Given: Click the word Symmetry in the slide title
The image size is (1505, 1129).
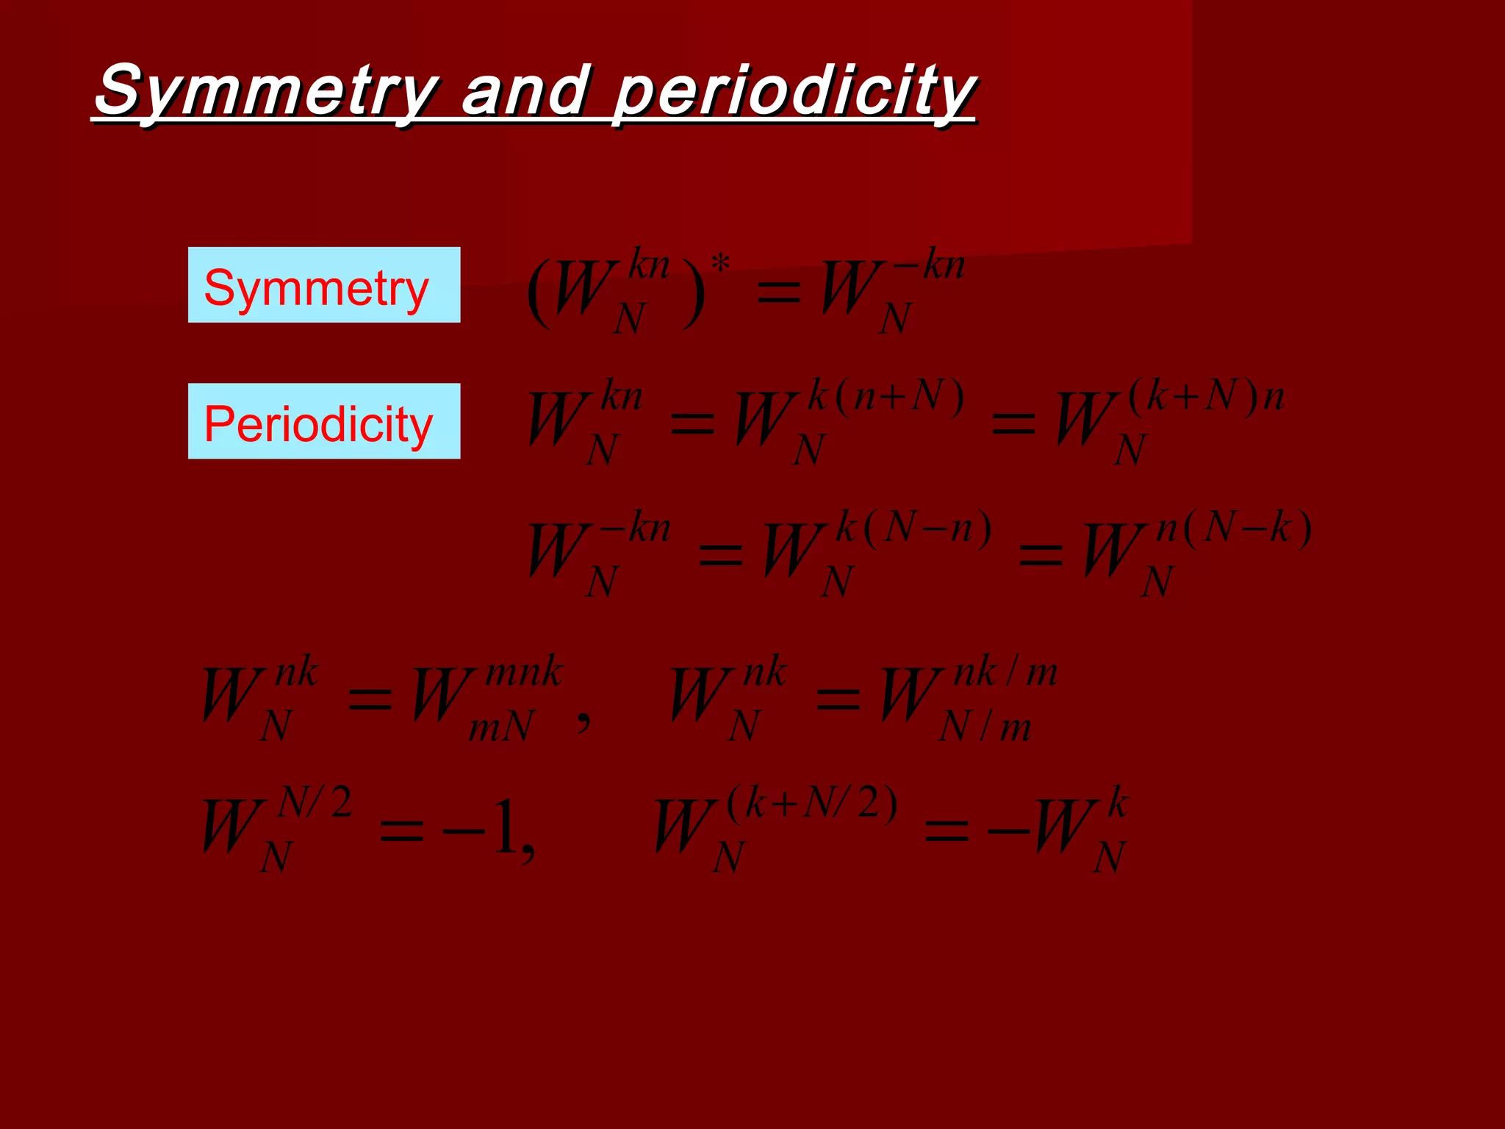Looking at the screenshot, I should click(x=266, y=91).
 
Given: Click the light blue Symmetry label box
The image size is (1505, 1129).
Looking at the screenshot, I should click(x=324, y=285).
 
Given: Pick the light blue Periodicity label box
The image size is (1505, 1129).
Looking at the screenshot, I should click(x=324, y=421).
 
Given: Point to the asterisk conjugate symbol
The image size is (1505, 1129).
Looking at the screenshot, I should click(x=721, y=263).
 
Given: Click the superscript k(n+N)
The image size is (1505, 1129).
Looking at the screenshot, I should click(x=886, y=398).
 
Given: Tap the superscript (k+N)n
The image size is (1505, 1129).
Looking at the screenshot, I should click(x=1206, y=398).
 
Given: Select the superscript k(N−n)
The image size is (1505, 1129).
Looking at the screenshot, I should click(x=914, y=528).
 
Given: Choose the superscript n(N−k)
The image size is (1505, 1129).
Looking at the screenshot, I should click(x=1234, y=528).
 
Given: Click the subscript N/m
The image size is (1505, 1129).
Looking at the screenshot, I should click(x=985, y=728).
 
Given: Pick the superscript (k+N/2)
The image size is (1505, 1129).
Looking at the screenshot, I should click(x=812, y=803).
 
